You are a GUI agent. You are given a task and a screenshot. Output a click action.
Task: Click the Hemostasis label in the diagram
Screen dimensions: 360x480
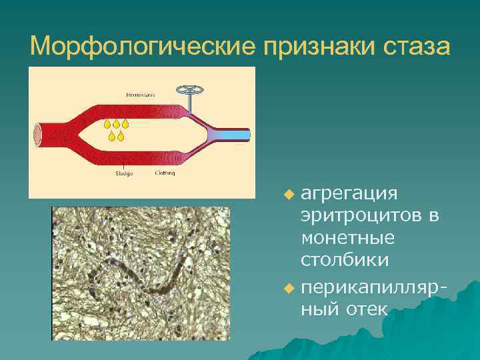140,95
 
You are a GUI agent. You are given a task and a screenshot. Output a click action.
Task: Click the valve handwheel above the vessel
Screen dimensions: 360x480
188,90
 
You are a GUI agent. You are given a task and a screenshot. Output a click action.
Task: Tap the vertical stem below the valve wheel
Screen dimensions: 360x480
189,105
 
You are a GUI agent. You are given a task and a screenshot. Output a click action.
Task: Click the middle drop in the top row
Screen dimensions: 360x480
117,124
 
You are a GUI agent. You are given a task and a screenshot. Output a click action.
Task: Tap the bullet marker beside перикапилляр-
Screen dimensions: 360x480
288,289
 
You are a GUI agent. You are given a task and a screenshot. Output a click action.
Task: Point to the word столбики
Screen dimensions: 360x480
347,259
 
